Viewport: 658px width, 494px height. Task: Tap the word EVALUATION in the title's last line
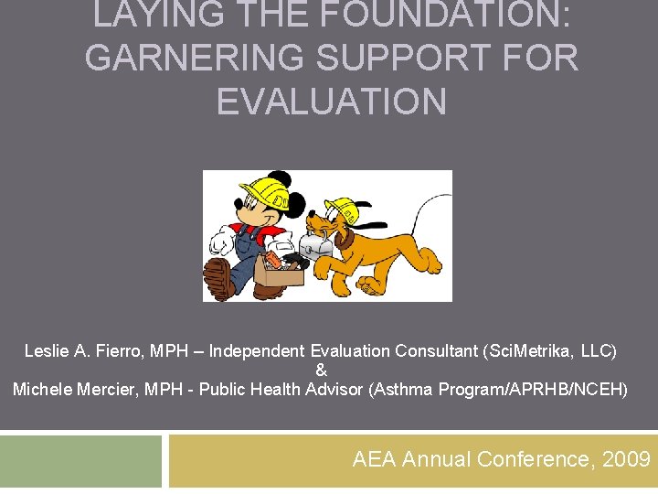pyautogui.click(x=331, y=101)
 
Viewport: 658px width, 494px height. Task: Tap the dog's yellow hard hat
pyautogui.click(x=341, y=209)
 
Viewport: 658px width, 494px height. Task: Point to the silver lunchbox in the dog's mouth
pyautogui.click(x=316, y=245)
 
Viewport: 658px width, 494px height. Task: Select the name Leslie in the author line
pyautogui.click(x=46, y=351)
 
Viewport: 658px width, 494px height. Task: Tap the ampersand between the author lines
pyautogui.click(x=321, y=370)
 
